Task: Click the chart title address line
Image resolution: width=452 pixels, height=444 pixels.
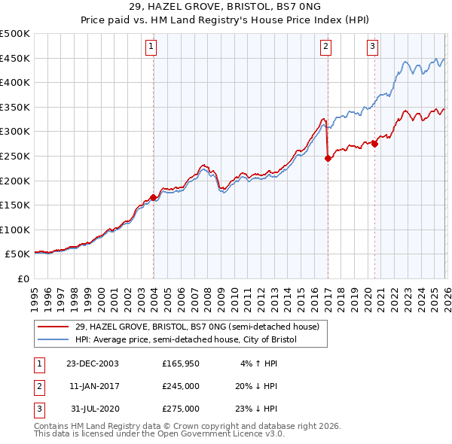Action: pyautogui.click(x=226, y=7)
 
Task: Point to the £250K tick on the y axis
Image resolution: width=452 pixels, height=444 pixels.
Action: pyautogui.click(x=16, y=156)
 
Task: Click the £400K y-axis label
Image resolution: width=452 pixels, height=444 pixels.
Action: pyautogui.click(x=16, y=83)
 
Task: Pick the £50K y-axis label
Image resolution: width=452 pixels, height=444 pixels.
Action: pyautogui.click(x=18, y=254)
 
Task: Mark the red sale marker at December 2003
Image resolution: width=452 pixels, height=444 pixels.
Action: pyautogui.click(x=154, y=198)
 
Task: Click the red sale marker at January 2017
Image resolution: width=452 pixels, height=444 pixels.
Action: pyautogui.click(x=328, y=159)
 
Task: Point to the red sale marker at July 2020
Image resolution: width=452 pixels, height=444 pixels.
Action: pyautogui.click(x=374, y=144)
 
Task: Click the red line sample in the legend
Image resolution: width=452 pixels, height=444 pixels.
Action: pyautogui.click(x=54, y=327)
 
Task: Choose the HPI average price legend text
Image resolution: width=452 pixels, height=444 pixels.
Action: pyautogui.click(x=186, y=340)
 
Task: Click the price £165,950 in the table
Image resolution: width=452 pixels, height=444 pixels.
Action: pyautogui.click(x=181, y=363)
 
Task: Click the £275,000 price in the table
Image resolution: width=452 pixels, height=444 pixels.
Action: pyautogui.click(x=181, y=409)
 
